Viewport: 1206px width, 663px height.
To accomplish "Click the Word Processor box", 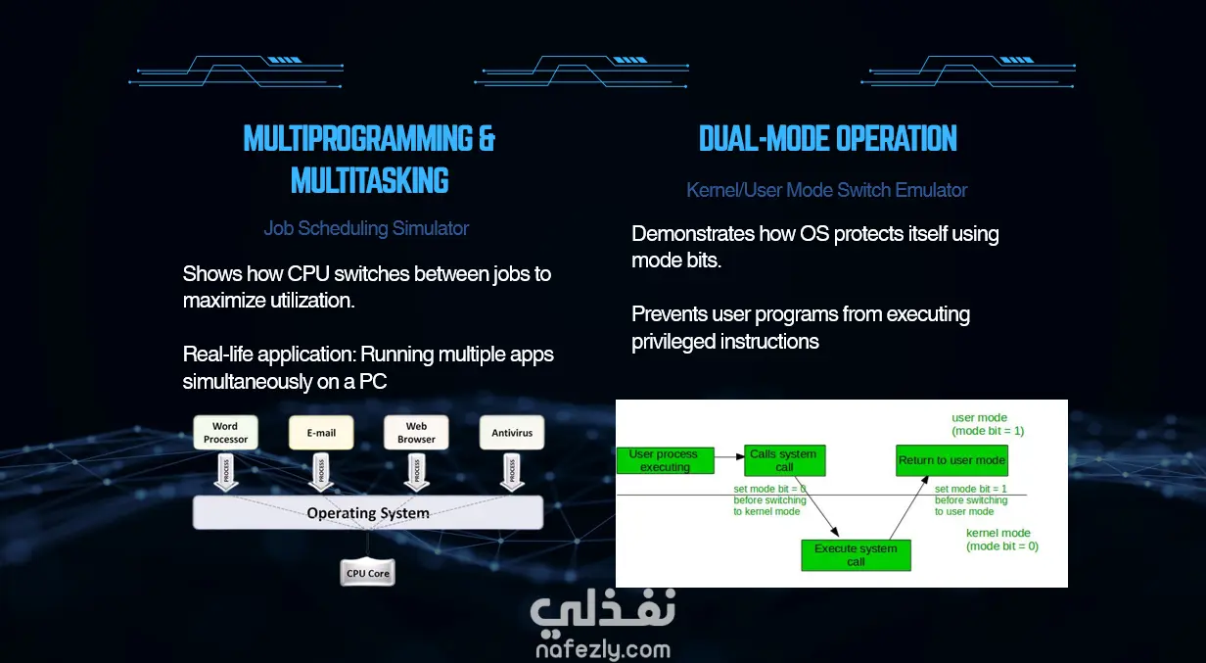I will tap(225, 433).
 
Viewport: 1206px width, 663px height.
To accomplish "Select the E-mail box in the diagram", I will tap(321, 433).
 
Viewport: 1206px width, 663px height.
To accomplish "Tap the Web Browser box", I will tap(416, 433).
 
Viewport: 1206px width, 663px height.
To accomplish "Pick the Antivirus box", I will tap(512, 433).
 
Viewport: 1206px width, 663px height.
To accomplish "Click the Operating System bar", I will tap(368, 512).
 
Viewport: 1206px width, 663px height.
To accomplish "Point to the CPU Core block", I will tap(367, 573).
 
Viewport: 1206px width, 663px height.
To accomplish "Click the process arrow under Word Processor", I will tap(225, 472).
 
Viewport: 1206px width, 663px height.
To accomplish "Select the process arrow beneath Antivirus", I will tap(510, 472).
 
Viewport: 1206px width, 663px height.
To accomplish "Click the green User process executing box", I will tap(665, 460).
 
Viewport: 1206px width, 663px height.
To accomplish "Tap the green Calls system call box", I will tap(784, 460).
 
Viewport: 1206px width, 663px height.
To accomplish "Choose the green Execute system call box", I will tap(856, 555).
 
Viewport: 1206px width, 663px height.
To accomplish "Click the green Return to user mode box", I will tap(951, 460).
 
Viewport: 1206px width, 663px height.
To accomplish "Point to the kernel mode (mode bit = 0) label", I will tap(1001, 540).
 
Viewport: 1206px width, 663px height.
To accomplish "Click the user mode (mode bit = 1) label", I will tap(988, 424).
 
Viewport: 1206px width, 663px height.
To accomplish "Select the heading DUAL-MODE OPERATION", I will tap(828, 139).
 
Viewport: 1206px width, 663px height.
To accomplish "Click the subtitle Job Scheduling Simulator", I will tap(366, 228).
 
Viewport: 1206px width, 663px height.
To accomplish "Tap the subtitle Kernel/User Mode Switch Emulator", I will tap(827, 190).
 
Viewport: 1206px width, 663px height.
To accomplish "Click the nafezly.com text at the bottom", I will tap(603, 649).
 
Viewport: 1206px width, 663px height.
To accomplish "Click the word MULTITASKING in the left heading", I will tap(370, 181).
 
